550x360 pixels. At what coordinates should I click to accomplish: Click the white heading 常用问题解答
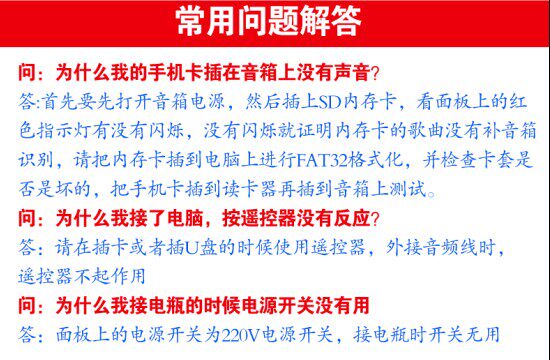coord(268,21)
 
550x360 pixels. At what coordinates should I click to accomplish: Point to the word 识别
coord(36,161)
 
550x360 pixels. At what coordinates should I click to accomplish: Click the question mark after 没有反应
coord(375,219)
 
